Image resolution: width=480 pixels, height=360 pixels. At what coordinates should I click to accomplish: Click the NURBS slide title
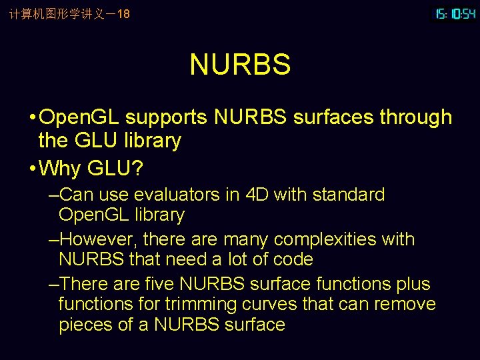(240, 65)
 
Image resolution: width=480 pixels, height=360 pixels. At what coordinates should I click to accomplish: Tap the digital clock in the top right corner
(455, 13)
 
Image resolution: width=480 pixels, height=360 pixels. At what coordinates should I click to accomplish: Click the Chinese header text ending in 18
(69, 13)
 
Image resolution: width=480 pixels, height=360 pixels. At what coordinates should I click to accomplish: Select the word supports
(166, 117)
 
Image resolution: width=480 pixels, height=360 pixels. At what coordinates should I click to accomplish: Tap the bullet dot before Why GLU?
(33, 169)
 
